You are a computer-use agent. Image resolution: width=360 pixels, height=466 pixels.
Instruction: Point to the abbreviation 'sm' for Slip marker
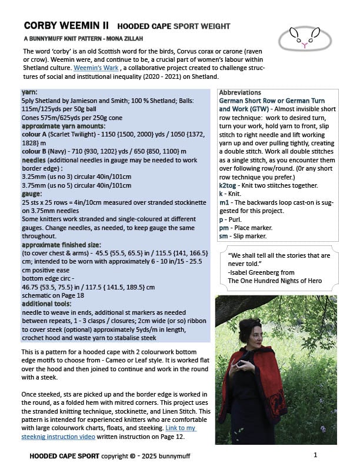coord(224,237)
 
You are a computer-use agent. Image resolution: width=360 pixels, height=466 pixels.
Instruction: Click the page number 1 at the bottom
coord(315,455)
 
